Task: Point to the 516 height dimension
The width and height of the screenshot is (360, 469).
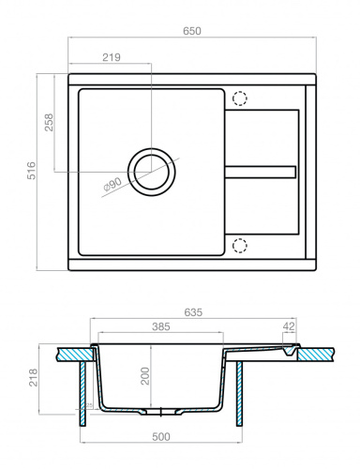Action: coord(30,171)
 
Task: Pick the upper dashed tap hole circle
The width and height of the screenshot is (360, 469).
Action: coord(239,98)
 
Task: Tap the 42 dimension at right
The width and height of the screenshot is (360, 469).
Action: coord(288,327)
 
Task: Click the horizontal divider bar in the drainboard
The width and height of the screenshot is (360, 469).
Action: coord(262,170)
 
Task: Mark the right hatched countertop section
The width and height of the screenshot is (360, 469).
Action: coord(315,354)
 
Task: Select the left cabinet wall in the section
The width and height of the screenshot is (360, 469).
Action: coord(82,389)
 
